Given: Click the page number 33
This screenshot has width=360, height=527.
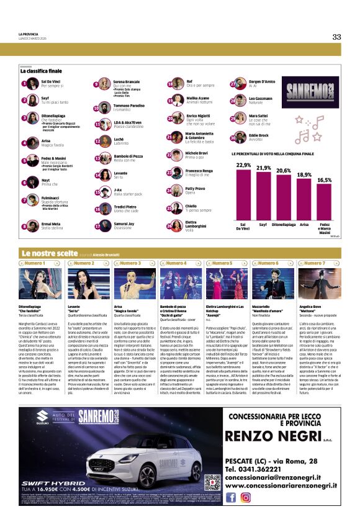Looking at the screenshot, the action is click(x=336, y=37).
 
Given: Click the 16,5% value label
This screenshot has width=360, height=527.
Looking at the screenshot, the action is click(x=325, y=180).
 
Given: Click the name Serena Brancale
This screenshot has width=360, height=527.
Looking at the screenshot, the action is click(x=126, y=81).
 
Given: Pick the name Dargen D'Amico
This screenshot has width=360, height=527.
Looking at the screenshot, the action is click(x=263, y=81).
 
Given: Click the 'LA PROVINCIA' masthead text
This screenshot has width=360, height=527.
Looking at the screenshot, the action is click(x=29, y=34).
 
